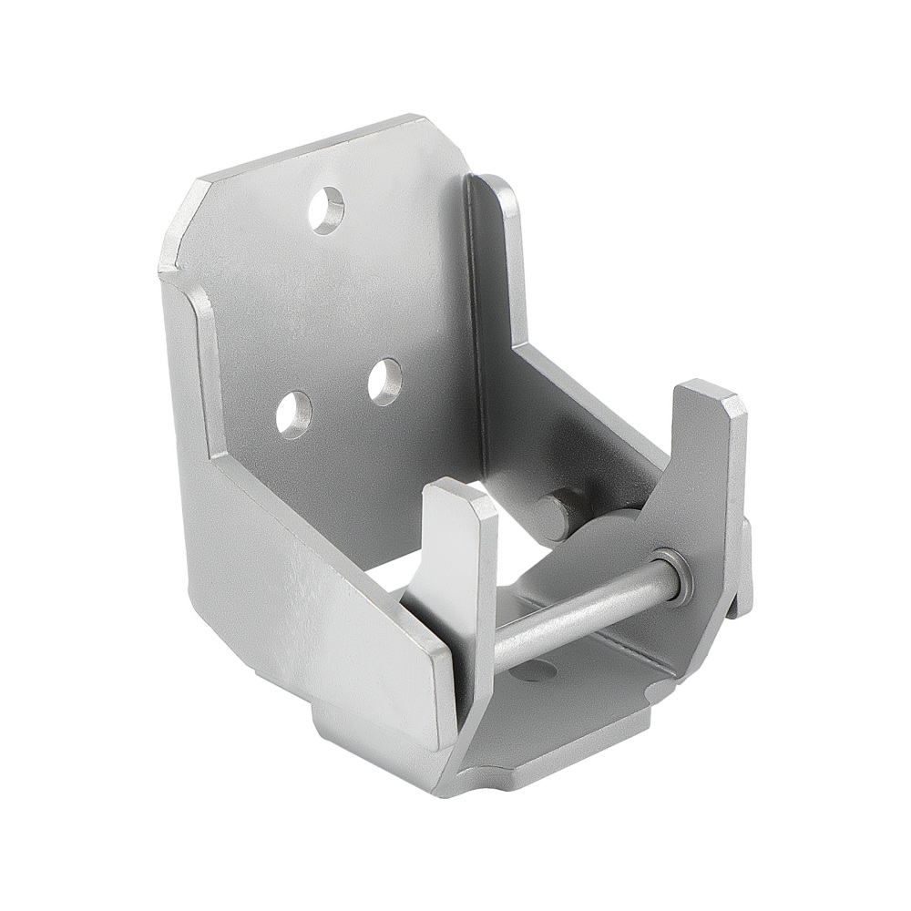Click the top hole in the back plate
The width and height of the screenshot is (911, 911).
[325, 210]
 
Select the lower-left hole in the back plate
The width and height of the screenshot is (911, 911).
[293, 415]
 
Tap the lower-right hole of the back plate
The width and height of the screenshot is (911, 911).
[384, 381]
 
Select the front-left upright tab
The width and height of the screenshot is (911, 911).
[460, 547]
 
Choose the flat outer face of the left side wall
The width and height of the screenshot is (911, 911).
[301, 601]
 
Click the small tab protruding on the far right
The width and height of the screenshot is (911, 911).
[746, 565]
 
